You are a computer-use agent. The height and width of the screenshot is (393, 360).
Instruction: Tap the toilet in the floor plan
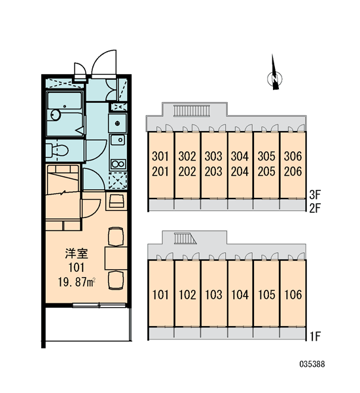[58, 151]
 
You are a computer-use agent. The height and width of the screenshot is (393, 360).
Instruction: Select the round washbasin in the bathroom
[56, 115]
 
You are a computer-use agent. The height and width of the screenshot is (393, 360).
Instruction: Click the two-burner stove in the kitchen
[118, 164]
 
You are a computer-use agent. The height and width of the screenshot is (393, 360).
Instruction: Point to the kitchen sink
[118, 140]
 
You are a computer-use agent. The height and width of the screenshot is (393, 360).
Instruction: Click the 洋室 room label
[77, 253]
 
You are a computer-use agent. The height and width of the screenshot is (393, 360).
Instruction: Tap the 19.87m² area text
[77, 282]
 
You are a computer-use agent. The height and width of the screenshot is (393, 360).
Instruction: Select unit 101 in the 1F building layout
[160, 293]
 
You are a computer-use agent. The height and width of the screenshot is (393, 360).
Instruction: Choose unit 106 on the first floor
[293, 293]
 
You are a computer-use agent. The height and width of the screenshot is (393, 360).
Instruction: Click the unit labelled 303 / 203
[213, 165]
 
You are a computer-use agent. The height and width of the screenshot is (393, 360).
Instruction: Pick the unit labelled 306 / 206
[293, 165]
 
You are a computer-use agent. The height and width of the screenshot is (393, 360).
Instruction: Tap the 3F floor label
[315, 195]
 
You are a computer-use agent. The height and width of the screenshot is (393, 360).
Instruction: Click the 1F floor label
[315, 337]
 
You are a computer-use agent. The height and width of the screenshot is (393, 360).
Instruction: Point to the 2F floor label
[315, 208]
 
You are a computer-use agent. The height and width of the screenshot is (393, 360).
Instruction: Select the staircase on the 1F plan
[185, 238]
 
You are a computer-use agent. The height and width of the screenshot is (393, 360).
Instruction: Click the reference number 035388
[312, 364]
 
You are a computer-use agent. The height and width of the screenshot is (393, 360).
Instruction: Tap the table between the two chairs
[116, 258]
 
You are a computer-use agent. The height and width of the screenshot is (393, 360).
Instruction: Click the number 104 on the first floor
[240, 295]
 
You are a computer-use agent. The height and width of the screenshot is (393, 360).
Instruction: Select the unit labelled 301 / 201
[160, 165]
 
